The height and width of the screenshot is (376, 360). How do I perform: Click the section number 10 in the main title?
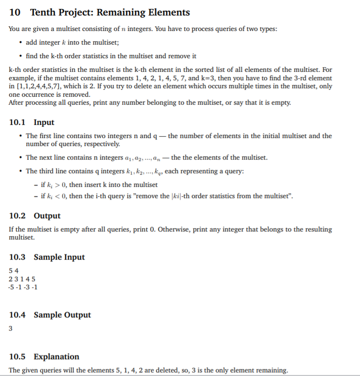coord(15,13)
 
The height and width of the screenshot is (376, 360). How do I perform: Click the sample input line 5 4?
coord(14,271)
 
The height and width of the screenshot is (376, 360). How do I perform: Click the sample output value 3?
coord(11,329)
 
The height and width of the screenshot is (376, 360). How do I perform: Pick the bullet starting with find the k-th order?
coord(111,56)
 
